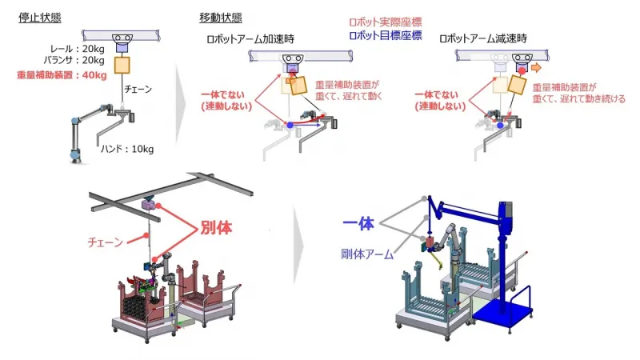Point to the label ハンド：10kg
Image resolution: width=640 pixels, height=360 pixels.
click(x=126, y=149)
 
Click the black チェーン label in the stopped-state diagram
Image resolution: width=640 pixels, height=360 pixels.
click(x=138, y=90)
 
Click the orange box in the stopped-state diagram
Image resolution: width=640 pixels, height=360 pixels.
click(x=123, y=66)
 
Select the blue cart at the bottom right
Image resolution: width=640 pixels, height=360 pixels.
click(x=506, y=307)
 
